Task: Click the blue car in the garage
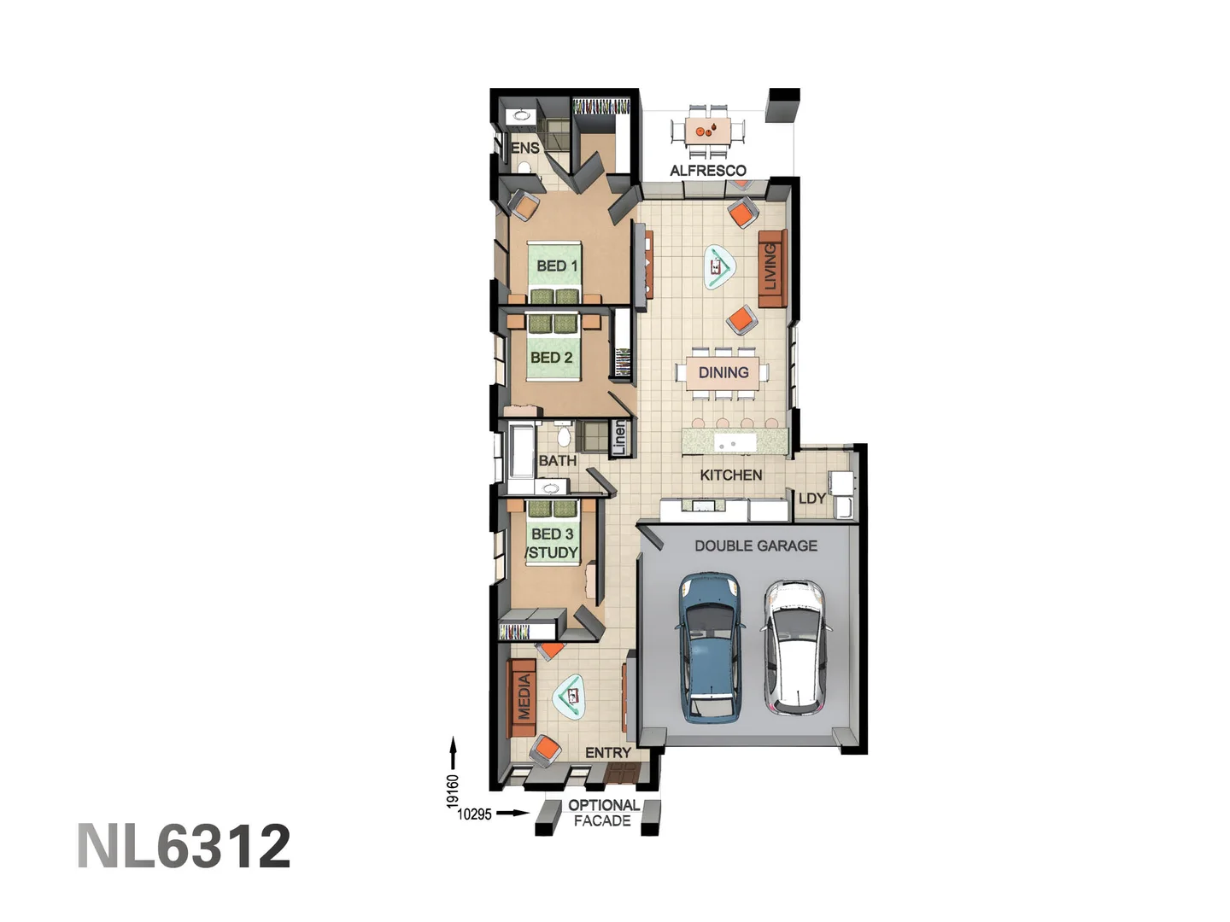(x=709, y=649)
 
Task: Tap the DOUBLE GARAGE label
(x=755, y=546)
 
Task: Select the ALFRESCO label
(x=707, y=171)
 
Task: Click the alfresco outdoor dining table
(x=707, y=131)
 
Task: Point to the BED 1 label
(x=557, y=266)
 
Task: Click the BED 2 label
(x=551, y=358)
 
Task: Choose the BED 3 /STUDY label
(x=552, y=543)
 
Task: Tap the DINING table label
(x=723, y=372)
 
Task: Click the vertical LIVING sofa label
(x=771, y=267)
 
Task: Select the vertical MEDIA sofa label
(x=524, y=697)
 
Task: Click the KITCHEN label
(x=730, y=475)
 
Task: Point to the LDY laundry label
(x=811, y=499)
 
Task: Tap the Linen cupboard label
(x=620, y=437)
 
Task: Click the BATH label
(x=557, y=461)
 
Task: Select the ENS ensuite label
(x=525, y=148)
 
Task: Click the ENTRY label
(x=607, y=753)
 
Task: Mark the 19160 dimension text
(x=453, y=791)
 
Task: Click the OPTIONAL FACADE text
(x=603, y=813)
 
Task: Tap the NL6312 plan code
(x=184, y=847)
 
